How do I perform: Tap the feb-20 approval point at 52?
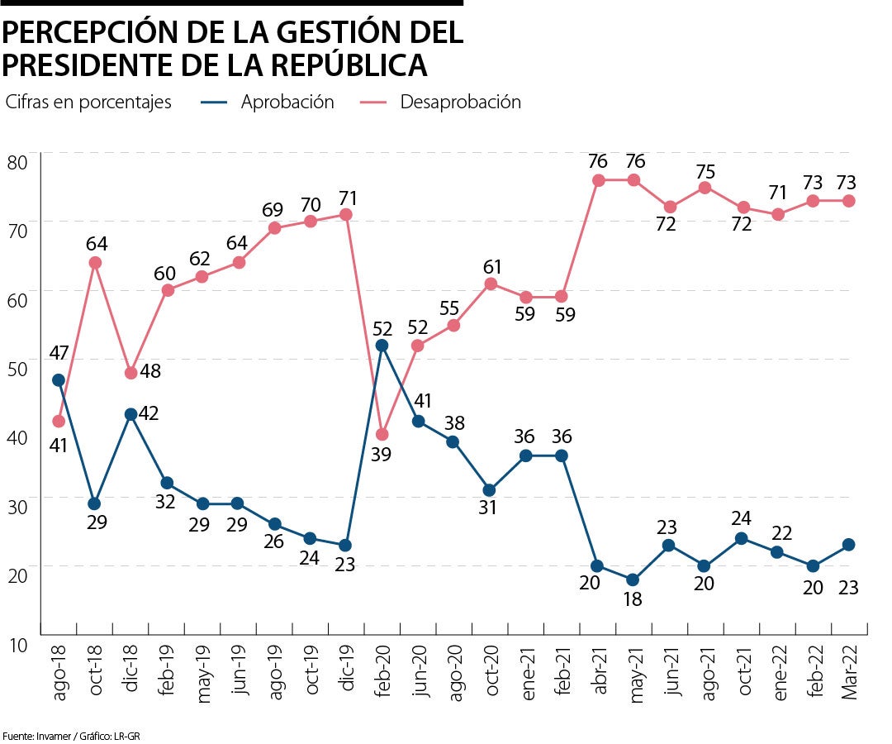pos(382,346)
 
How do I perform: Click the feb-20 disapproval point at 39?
pos(382,435)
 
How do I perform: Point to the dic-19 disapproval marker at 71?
pos(346,215)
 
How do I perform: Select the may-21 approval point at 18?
pos(633,579)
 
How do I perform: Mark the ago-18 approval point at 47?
pos(59,380)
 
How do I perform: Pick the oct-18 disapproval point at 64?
pos(95,263)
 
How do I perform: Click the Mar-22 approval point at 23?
pos(848,545)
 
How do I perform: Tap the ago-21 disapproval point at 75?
pos(705,188)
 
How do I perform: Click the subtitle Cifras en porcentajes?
pos(88,103)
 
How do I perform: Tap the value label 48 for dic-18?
pos(149,371)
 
